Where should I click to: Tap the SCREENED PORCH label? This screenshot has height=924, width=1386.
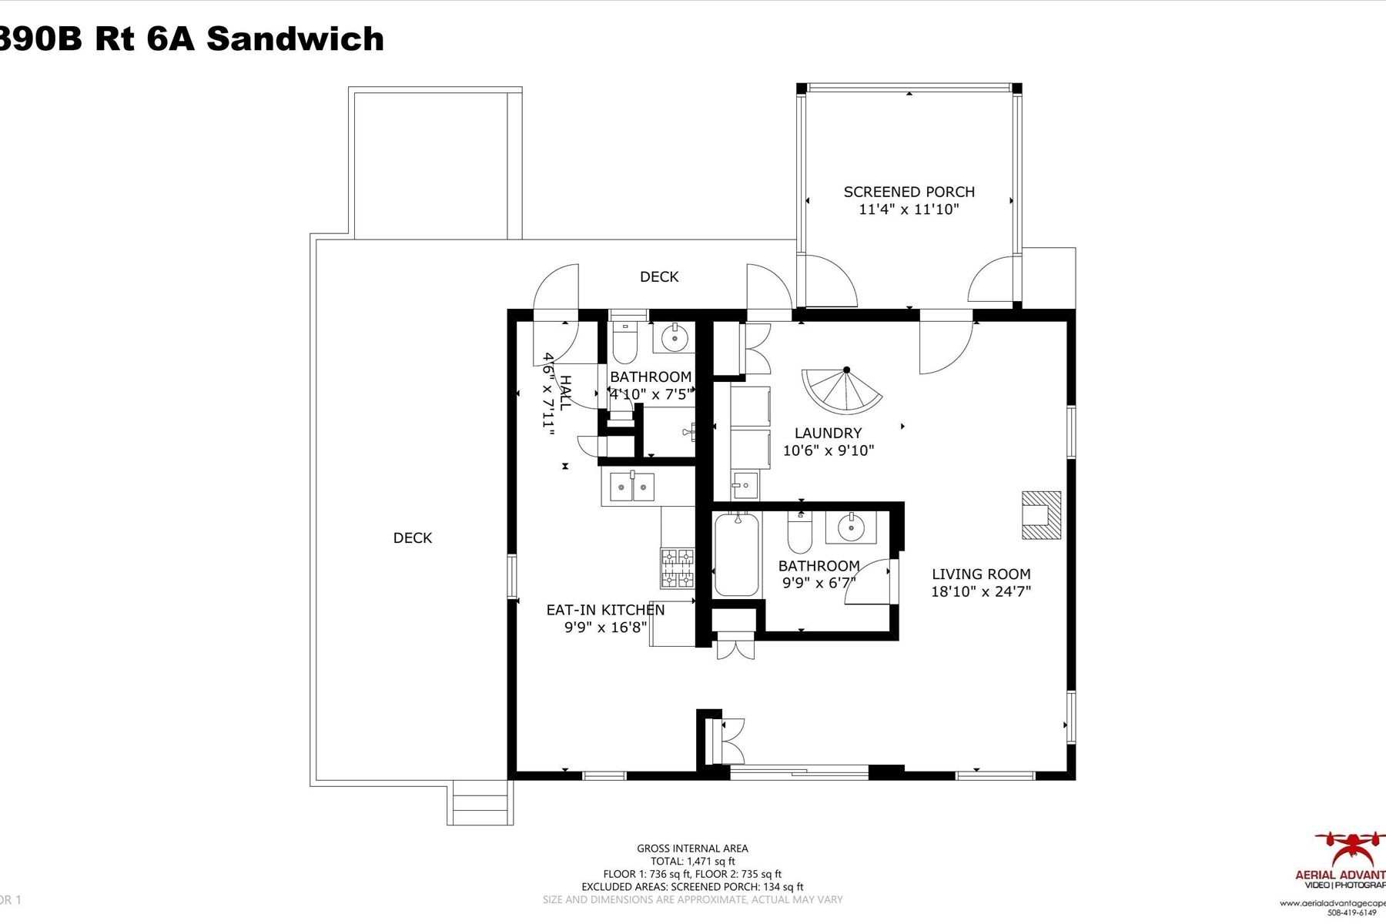909,192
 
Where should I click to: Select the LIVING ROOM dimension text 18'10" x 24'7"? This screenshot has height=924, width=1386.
980,591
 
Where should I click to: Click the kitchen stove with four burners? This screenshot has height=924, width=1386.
677,568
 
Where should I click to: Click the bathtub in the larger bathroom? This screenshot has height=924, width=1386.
737,554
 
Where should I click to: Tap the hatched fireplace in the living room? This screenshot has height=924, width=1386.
1041,515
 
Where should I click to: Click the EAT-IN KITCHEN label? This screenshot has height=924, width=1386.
605,610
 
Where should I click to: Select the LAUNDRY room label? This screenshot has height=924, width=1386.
828,433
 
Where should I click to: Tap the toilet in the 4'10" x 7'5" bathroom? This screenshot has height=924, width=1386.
624,343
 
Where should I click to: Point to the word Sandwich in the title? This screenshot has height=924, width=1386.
295,38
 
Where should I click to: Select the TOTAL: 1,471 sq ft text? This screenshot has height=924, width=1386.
692,861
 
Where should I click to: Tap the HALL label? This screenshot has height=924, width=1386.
565,393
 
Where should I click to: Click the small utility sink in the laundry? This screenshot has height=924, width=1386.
745,485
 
